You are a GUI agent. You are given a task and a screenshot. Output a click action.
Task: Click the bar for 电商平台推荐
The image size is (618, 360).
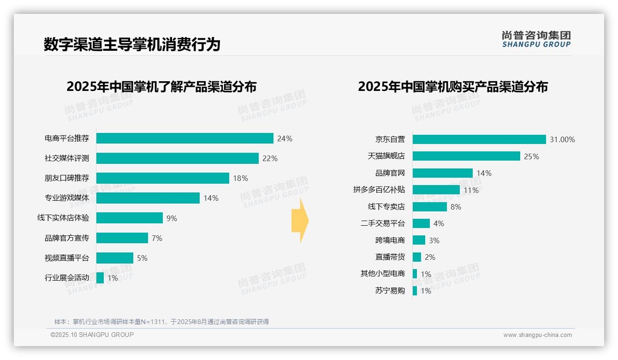point(184,138)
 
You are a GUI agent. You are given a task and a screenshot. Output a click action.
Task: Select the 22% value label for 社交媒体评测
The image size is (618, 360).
point(270,159)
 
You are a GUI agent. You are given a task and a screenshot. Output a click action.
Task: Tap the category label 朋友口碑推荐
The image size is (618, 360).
point(67,178)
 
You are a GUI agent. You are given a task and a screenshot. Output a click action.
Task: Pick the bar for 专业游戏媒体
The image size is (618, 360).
point(148,198)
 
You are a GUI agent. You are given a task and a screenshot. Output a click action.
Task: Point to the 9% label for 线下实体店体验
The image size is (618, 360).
point(172,218)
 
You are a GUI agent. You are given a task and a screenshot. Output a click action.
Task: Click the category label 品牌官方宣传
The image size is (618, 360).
point(67,238)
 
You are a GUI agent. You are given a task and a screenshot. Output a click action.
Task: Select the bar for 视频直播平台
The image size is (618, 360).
point(114,258)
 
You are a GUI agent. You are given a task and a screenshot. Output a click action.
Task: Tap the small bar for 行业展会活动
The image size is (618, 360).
point(100,278)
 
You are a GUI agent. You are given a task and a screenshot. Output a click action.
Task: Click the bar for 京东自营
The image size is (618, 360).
point(479,139)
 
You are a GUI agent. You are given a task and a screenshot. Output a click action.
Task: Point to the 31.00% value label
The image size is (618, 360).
point(562,139)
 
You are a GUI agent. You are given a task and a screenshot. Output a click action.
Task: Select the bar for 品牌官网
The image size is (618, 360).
point(442,173)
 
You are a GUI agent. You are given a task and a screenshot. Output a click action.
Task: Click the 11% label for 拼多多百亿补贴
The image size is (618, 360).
point(471,190)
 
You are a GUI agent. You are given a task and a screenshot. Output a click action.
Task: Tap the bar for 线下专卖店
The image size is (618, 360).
point(429,207)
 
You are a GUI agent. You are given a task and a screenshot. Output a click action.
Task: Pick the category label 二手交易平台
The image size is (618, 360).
point(382,223)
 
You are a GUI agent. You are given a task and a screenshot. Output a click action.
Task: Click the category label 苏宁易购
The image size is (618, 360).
point(390,291)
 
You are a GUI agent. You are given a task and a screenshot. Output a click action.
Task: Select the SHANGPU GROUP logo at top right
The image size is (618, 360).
point(536,39)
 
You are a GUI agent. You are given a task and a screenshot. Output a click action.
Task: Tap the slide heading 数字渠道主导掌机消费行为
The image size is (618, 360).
point(132,44)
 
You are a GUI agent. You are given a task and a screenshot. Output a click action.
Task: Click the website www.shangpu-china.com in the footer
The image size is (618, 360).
point(537,335)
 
